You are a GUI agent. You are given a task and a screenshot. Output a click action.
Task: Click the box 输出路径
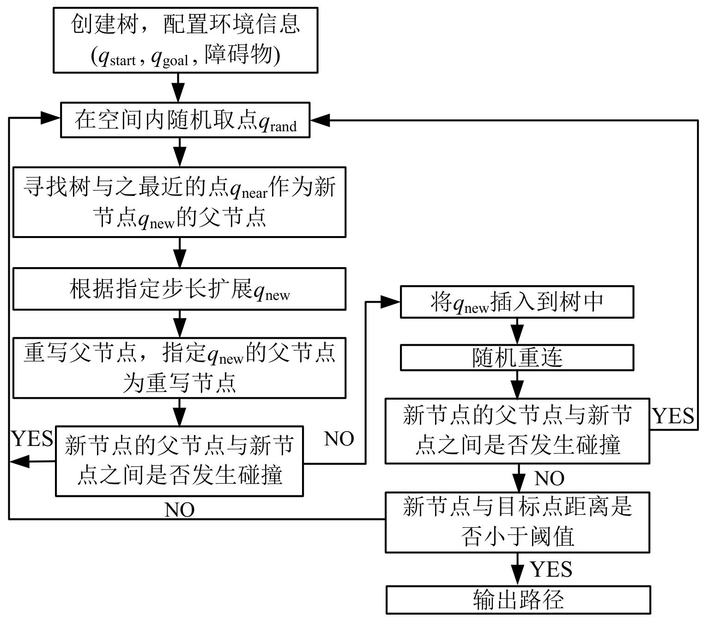518,600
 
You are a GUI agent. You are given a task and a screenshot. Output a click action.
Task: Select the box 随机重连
517,358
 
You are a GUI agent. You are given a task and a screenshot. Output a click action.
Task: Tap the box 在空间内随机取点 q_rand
185,120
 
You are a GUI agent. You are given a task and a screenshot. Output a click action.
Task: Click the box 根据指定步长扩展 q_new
179,289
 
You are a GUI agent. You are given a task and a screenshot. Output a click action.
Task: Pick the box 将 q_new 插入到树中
517,302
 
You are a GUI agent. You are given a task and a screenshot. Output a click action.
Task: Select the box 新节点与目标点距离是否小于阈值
517,522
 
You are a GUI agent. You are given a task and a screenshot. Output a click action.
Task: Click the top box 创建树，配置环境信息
185,40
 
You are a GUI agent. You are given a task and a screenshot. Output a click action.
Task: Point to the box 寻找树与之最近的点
179,202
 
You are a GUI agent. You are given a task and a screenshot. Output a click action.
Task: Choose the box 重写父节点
179,368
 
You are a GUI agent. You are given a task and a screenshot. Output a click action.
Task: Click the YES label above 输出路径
551,569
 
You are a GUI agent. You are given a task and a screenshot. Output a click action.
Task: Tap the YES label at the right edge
673,416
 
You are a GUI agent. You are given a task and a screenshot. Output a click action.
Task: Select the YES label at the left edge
32,438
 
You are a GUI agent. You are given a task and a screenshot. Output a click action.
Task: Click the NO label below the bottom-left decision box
180,510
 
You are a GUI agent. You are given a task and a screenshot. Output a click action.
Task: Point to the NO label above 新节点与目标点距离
549,478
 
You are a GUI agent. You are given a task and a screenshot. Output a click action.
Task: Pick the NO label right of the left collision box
339,439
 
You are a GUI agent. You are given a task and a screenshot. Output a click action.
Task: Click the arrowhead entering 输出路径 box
518,578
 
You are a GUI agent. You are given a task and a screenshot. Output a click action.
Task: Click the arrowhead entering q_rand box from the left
51,118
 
